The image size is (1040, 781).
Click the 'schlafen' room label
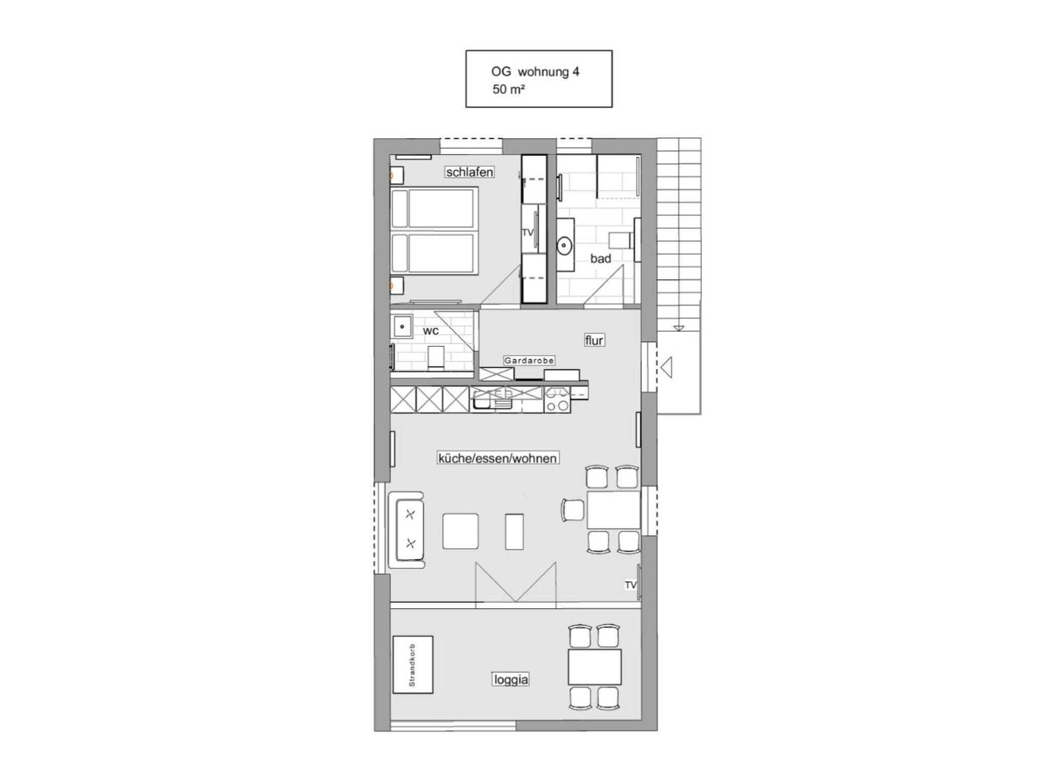click(469, 172)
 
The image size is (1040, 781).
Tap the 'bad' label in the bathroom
click(600, 258)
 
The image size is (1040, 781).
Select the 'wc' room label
click(431, 331)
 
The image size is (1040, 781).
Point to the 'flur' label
click(594, 340)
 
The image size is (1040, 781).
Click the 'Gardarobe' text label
click(529, 360)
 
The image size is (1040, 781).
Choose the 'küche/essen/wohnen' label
click(498, 458)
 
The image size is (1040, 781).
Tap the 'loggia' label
click(511, 679)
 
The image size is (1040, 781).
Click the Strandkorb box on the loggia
click(413, 665)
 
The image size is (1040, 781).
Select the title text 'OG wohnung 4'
click(535, 72)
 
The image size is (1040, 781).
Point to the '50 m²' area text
click(508, 89)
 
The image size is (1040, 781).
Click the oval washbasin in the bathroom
click(564, 246)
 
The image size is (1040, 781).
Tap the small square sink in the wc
click(402, 326)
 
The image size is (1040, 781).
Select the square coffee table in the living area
click(460, 531)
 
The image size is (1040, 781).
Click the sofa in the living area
click(406, 530)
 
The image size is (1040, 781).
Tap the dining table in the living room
click(613, 510)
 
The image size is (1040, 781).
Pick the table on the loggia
click(595, 667)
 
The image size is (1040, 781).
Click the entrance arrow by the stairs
click(667, 367)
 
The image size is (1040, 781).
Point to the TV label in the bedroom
click(528, 232)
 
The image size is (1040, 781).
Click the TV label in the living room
click(631, 585)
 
